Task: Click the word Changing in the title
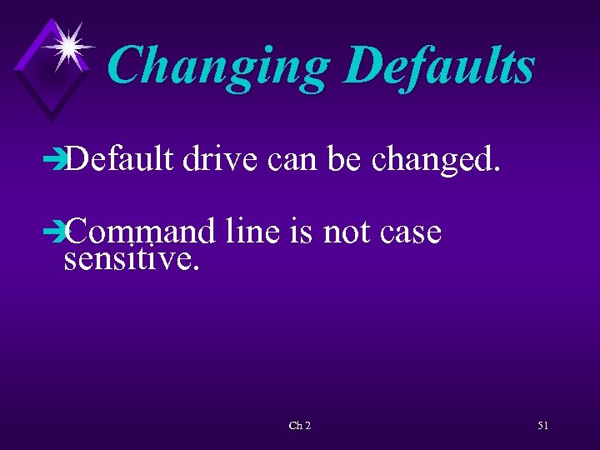pos(218,67)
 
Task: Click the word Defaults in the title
pos(438,67)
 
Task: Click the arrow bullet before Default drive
pos(56,157)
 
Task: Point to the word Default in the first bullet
pos(117,156)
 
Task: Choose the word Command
pos(138,232)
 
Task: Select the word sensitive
pos(132,260)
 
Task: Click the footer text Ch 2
pos(299,426)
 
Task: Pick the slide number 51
pos(542,426)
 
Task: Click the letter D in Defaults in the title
pos(359,67)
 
